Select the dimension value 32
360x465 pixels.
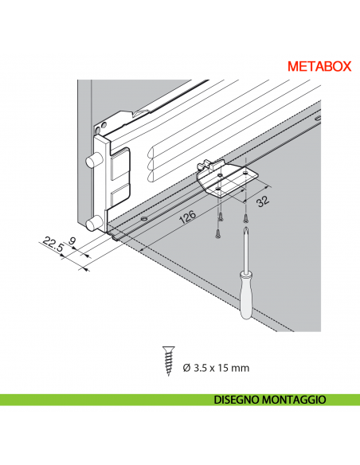point(260,200)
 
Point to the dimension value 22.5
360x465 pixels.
point(54,242)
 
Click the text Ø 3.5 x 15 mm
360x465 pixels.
point(217,367)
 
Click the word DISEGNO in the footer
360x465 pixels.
point(240,400)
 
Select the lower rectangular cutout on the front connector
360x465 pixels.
point(116,197)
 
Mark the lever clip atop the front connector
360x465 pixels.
point(126,119)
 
